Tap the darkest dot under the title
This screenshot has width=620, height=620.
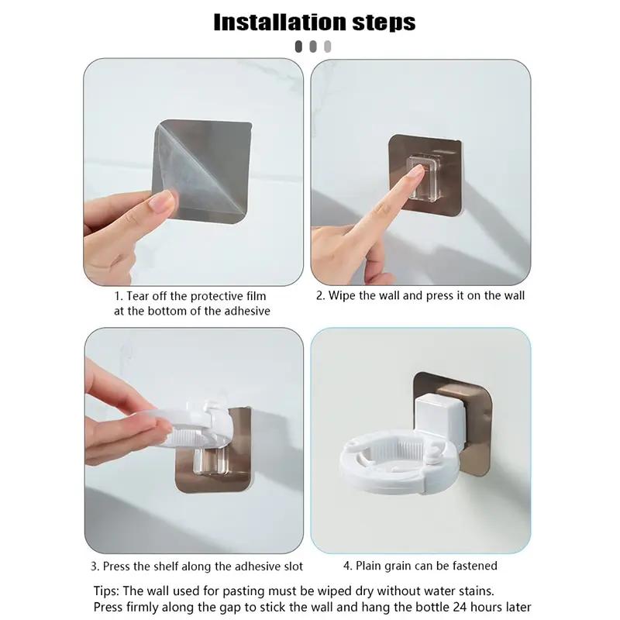coord(298,46)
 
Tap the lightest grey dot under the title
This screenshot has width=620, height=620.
coord(327,46)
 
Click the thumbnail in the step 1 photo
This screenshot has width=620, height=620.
coord(162,201)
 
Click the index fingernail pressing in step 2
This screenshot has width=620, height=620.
coord(415,171)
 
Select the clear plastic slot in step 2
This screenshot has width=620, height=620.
coord(424,177)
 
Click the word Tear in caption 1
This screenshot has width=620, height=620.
coord(138,296)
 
